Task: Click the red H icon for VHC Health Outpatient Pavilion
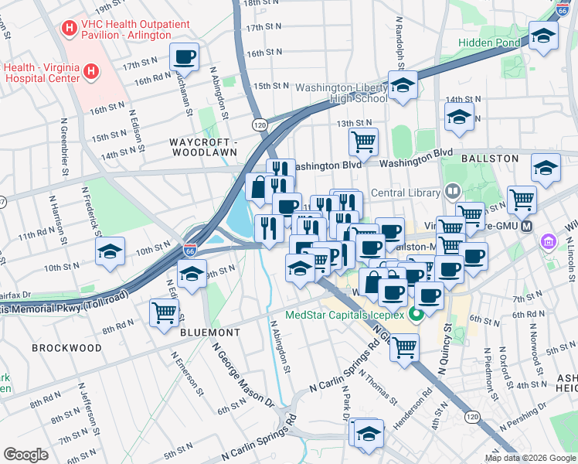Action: [x=70, y=27]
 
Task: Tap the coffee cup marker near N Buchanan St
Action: [x=184, y=56]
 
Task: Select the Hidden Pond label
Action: [x=489, y=43]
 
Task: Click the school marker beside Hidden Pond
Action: [x=544, y=36]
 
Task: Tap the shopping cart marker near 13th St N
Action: [x=362, y=142]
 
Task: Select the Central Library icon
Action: [x=453, y=190]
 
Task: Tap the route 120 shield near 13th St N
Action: [x=260, y=124]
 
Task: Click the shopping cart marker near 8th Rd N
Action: [x=164, y=313]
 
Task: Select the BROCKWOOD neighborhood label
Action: [x=66, y=348]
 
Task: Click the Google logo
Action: [x=26, y=454]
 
